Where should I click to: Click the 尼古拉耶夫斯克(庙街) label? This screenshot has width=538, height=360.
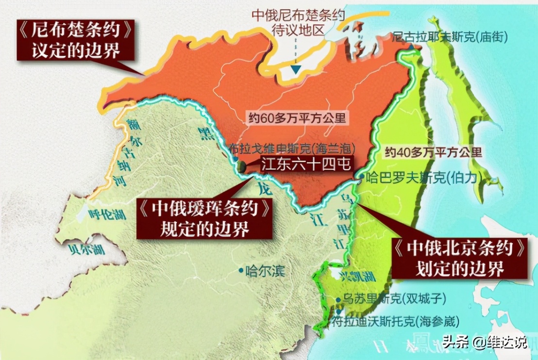tap(449, 36)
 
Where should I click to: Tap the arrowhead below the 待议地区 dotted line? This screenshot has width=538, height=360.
tap(295, 70)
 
